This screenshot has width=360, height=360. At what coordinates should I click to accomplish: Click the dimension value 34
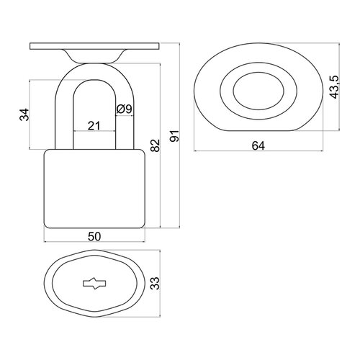24,114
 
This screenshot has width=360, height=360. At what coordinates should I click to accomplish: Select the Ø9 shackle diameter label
124,109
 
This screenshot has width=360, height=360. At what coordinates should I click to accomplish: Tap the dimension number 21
94,125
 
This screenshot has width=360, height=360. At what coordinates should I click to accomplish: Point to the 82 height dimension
155,145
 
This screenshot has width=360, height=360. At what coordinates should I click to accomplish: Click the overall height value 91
175,136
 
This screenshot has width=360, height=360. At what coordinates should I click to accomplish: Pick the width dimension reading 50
94,236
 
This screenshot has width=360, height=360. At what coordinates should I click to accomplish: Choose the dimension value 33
155,283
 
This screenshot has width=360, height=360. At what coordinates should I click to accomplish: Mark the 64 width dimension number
258,145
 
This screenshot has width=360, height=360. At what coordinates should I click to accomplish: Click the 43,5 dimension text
334,87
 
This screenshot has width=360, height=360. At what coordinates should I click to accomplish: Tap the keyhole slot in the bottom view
94,284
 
